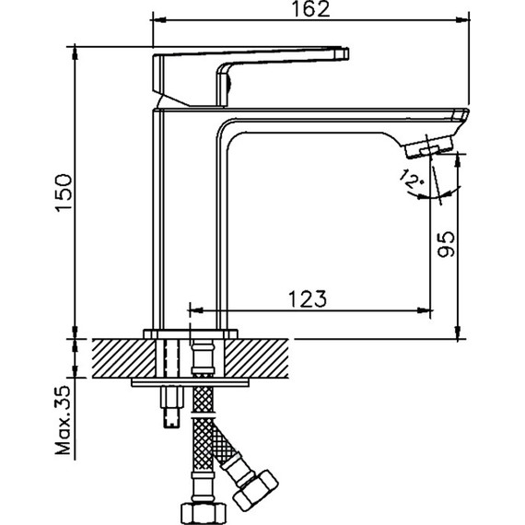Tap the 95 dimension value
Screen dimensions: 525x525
click(x=445, y=245)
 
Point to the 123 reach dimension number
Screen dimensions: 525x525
click(x=304, y=298)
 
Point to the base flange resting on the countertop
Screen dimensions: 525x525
click(x=191, y=332)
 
